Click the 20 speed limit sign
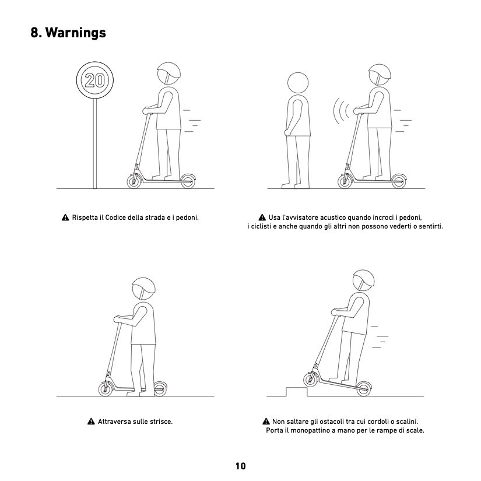pyautogui.click(x=95, y=80)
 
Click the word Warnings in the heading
pyautogui.click(x=75, y=33)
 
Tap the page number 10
pyautogui.click(x=240, y=466)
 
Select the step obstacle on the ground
pyautogui.click(x=297, y=392)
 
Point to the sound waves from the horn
pyautogui.click(x=341, y=111)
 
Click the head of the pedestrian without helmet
pyautogui.click(x=298, y=83)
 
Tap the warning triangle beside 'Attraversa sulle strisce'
pyautogui.click(x=91, y=422)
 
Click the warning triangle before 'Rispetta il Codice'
pyautogui.click(x=65, y=217)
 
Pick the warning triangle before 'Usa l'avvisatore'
pyautogui.click(x=262, y=217)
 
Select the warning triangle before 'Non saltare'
pyautogui.click(x=266, y=422)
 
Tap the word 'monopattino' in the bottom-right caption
pyautogui.click(x=313, y=430)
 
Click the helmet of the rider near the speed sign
pyautogui.click(x=168, y=73)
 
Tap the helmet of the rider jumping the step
pyautogui.click(x=363, y=280)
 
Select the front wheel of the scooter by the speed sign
pyautogui.click(x=134, y=181)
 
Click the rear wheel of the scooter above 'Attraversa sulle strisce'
pyautogui.click(x=160, y=389)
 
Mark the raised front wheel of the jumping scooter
pyautogui.click(x=310, y=379)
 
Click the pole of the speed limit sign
pyautogui.click(x=95, y=143)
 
